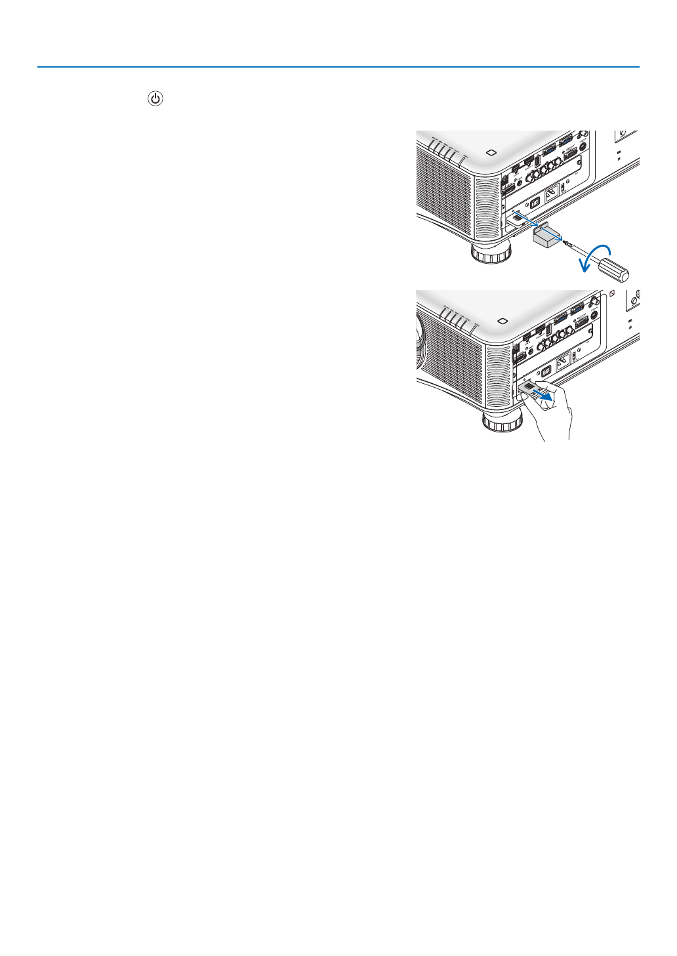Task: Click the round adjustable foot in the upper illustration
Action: pos(491,252)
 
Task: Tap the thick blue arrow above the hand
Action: pos(542,394)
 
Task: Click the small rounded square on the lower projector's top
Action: pos(502,321)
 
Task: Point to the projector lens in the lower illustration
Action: pos(419,341)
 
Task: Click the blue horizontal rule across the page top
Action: pos(338,67)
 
